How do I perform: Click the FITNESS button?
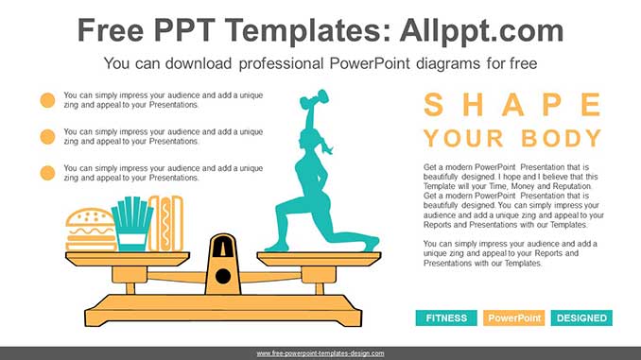pos(446,318)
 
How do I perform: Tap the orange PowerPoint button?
pos(513,318)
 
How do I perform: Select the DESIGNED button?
pos(581,318)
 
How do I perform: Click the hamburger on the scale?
pos(91,231)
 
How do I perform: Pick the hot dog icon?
pos(166,224)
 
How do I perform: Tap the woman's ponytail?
pos(327,146)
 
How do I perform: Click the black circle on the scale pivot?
pos(223,276)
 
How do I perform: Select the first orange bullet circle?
pos(47,100)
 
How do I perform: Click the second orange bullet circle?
pos(47,137)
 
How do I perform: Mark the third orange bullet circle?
pos(47,173)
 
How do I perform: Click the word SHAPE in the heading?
pos(512,105)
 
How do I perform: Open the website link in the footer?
pos(320,353)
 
